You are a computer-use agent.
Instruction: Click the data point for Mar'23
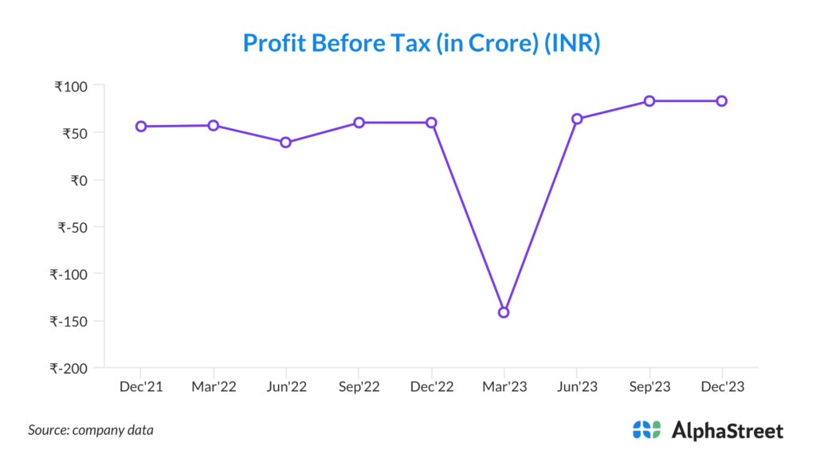point(504,312)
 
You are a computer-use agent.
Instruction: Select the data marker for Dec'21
point(141,126)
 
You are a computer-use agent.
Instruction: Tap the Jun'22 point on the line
point(286,143)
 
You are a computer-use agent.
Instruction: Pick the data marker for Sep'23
point(649,101)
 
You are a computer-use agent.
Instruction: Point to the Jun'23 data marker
point(577,119)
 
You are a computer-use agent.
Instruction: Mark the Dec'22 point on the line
point(431,123)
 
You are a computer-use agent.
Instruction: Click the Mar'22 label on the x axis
point(214,388)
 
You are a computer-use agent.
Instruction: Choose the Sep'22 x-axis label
point(359,388)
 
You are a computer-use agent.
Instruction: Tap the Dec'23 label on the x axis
point(722,388)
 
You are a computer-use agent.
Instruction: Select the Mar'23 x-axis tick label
point(504,388)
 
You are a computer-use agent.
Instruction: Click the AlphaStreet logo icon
point(647,430)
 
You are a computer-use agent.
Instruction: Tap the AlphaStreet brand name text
point(728,431)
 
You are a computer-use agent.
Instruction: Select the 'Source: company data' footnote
point(91,430)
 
